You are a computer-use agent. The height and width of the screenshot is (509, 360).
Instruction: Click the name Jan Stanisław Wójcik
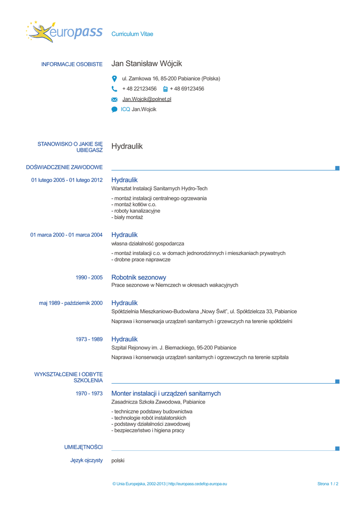147,64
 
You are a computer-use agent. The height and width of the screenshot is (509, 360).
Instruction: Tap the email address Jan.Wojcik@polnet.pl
147,99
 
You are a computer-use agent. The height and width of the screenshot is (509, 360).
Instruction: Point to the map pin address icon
114,79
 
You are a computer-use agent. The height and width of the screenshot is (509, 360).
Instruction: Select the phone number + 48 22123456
139,89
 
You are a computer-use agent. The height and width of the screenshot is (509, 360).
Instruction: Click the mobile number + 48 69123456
187,89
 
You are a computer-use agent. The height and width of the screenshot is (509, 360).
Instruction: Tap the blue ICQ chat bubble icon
114,109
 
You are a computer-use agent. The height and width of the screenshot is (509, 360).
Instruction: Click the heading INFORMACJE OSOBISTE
72,65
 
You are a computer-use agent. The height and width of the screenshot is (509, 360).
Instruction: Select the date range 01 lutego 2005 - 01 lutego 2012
67,180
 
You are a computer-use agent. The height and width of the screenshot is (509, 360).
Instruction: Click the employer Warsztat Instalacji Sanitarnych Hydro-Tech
160,188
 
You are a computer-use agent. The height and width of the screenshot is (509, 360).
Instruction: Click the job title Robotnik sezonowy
139,277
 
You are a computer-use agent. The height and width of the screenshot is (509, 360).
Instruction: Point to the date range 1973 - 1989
89,339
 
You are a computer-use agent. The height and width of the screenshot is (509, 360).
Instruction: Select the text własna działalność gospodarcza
148,244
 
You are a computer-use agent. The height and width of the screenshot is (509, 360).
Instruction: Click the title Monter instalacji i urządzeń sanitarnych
166,393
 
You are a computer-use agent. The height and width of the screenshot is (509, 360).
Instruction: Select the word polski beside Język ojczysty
118,461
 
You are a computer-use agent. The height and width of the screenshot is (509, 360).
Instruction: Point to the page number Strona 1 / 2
328,484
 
